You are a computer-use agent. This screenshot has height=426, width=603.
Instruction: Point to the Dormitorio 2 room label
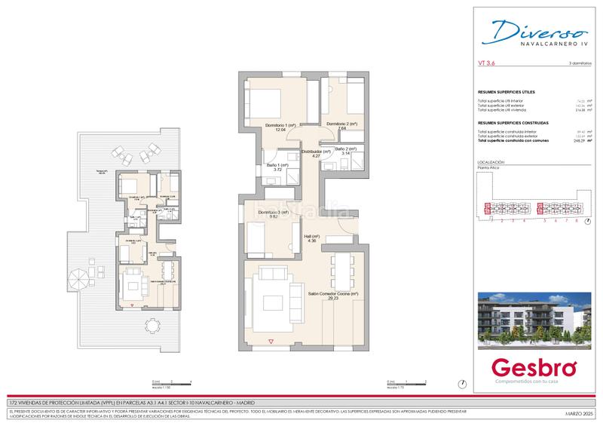[341, 124]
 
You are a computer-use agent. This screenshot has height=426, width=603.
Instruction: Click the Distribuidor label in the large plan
[317, 152]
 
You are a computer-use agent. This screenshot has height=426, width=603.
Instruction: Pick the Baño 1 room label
[277, 165]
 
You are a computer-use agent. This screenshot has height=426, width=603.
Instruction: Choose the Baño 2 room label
[346, 149]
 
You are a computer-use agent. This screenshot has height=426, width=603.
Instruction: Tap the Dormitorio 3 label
[274, 213]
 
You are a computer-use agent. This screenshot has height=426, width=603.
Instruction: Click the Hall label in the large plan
[312, 236]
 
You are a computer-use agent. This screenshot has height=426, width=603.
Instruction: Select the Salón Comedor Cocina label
[332, 293]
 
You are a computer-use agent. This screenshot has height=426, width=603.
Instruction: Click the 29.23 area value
[332, 299]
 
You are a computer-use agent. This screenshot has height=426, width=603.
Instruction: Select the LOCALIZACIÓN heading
[491, 162]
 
